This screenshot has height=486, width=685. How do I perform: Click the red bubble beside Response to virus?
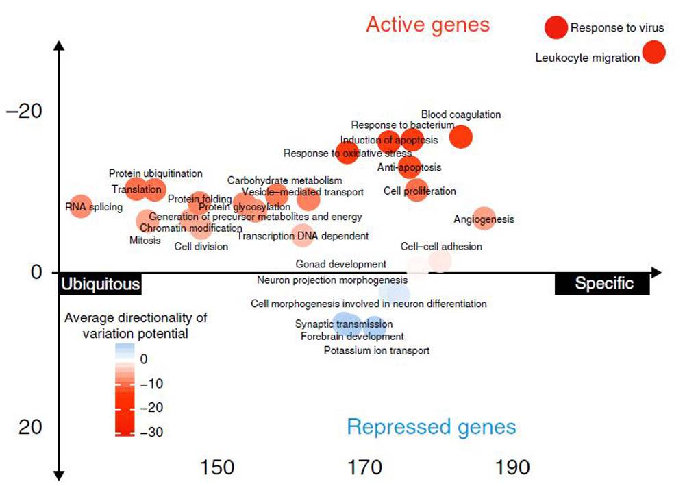tap(556, 27)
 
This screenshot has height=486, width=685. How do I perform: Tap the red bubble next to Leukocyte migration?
tap(654, 52)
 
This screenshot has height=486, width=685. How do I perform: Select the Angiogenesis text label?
tap(484, 220)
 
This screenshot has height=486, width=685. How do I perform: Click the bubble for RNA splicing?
tap(81, 205)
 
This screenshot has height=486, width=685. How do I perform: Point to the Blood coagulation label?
tap(461, 114)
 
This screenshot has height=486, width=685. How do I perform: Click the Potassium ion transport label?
tap(377, 351)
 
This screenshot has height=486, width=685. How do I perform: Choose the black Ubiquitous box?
tap(101, 284)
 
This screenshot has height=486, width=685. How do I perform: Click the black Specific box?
tap(603, 284)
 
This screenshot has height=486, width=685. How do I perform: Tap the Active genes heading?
tap(428, 25)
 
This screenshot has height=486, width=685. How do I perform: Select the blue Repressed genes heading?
tap(431, 427)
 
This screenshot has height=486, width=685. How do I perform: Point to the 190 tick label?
tap(513, 467)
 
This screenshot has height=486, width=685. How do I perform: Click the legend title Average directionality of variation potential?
tap(136, 326)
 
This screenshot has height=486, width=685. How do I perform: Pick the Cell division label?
tap(201, 247)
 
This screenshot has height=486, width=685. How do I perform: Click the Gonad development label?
tap(341, 264)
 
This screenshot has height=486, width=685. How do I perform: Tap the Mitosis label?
tap(145, 240)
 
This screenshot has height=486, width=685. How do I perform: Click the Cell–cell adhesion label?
tap(432, 247)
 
